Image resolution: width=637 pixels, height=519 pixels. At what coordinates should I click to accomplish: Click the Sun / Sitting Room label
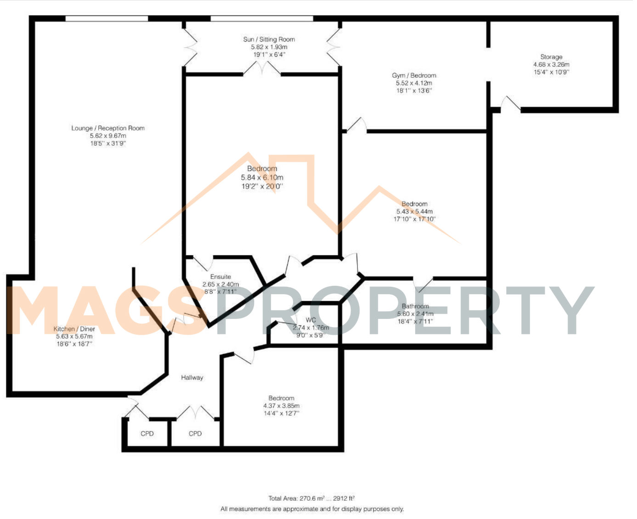click(269, 39)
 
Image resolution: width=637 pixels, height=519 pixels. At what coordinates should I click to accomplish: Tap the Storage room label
click(551, 57)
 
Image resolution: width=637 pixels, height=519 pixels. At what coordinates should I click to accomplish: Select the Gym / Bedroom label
click(414, 75)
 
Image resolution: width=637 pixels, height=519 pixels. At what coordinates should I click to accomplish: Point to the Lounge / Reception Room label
click(108, 128)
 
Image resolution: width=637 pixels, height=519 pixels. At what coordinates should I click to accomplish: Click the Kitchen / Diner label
click(74, 329)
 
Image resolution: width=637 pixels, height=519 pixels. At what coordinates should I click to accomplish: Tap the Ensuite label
click(220, 276)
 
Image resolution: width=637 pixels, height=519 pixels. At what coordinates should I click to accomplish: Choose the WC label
click(310, 320)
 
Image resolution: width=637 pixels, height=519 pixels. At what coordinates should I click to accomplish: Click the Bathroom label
click(415, 306)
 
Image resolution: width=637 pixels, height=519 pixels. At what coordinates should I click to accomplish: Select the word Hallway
click(192, 377)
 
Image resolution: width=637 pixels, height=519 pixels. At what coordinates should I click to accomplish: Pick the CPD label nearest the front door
click(147, 433)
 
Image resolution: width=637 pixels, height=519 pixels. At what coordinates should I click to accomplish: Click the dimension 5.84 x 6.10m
click(262, 178)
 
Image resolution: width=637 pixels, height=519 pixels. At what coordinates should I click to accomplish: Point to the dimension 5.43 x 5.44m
click(414, 212)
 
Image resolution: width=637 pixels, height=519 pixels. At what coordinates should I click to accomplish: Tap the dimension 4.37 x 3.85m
click(281, 406)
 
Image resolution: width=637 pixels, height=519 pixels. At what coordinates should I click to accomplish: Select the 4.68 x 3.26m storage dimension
click(551, 64)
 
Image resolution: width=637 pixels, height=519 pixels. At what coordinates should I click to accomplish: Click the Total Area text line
click(311, 498)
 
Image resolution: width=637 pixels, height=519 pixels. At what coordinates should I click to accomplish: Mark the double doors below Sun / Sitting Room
click(262, 68)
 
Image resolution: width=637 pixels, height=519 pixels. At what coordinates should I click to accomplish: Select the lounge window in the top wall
click(107, 18)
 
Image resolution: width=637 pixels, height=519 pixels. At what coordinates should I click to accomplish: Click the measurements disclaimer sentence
click(312, 509)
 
